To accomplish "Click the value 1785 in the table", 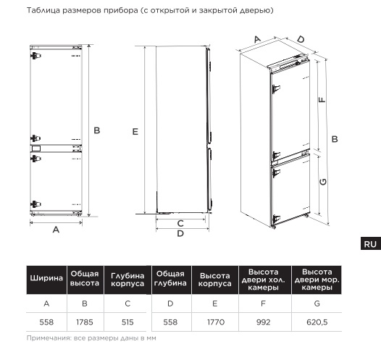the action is [x=85, y=322].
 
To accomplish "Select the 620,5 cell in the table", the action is [x=317, y=322].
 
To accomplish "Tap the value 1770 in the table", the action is [x=216, y=322].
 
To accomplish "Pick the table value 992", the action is [x=263, y=322].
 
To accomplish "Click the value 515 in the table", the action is [x=127, y=322].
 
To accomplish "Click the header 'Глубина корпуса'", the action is [x=127, y=280].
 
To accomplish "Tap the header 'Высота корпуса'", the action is [x=215, y=280].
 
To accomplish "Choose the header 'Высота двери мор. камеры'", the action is [x=317, y=280].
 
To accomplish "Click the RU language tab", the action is [x=371, y=243].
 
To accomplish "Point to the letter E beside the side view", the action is [x=135, y=132].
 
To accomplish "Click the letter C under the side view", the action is [x=180, y=224].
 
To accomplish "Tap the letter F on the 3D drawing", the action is [x=322, y=99].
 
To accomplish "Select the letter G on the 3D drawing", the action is [x=323, y=182].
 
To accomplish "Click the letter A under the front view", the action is [x=56, y=230].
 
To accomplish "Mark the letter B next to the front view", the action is [x=97, y=130].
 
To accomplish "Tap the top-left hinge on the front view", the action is [x=35, y=56].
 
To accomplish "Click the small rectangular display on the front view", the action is [x=36, y=148].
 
